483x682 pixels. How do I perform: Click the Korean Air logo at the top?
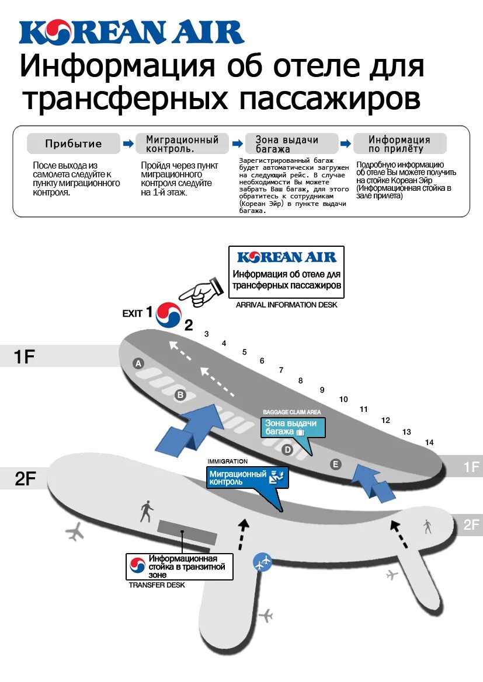[x=131, y=33]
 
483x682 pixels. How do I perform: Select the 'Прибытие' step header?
[x=74, y=144]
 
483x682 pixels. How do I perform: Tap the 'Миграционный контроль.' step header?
[x=182, y=144]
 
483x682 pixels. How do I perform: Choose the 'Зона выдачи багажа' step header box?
[x=290, y=144]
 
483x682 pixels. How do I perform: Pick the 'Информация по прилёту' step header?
[x=399, y=144]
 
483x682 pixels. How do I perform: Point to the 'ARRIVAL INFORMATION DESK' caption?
[x=286, y=305]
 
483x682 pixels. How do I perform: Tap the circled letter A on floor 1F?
[x=138, y=363]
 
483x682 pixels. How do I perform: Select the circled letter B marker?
[x=180, y=395]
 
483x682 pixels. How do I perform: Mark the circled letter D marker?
[x=287, y=450]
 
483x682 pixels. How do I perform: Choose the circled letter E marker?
[x=335, y=464]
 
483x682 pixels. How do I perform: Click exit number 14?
[x=429, y=442]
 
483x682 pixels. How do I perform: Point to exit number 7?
[x=281, y=370]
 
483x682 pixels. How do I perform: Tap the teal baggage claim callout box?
[x=292, y=428]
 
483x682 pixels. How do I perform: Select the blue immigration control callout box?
[x=246, y=478]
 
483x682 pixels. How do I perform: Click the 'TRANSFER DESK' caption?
[x=157, y=585]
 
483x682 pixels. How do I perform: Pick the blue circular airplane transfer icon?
[x=262, y=562]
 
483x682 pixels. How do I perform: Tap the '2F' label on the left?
[x=26, y=479]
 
